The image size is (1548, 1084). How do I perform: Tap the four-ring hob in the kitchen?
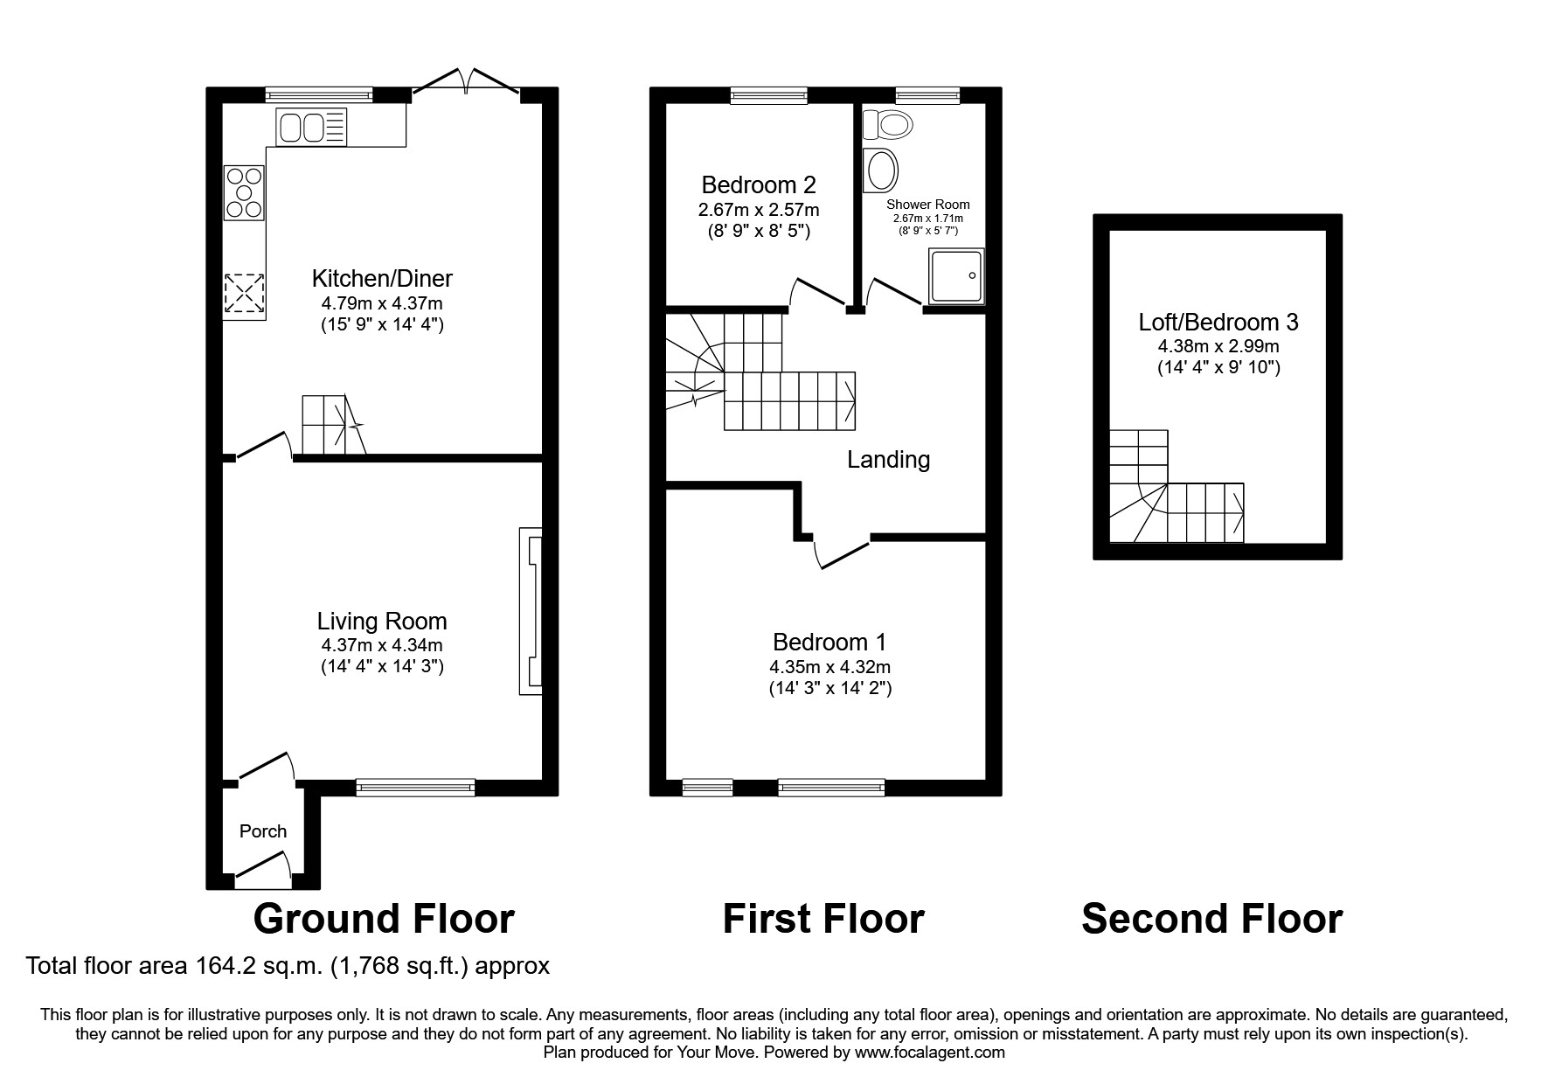coord(245,193)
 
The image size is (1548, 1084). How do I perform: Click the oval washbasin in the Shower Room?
coord(879,170)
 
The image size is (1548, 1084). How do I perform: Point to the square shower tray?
coord(956,276)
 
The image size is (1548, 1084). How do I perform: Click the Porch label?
coord(263,831)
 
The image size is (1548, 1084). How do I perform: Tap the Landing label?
coord(888,460)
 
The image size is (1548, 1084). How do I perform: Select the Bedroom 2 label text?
coord(759,185)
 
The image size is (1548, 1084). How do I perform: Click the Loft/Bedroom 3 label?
coord(1218,323)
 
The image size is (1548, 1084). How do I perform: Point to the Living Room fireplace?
coord(531,611)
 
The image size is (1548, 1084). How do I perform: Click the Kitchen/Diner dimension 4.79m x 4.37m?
coord(382,304)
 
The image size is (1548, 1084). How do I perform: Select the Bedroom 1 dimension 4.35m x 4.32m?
coord(830,667)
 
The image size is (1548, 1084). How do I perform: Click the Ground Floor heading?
coord(384,919)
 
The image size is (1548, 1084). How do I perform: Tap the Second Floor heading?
coord(1211,919)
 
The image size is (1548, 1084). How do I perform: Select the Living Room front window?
coord(415,788)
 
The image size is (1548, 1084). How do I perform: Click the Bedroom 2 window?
coord(769,95)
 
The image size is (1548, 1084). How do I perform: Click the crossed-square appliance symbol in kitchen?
coord(245,293)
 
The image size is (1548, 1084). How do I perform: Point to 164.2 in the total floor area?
coord(218,966)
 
